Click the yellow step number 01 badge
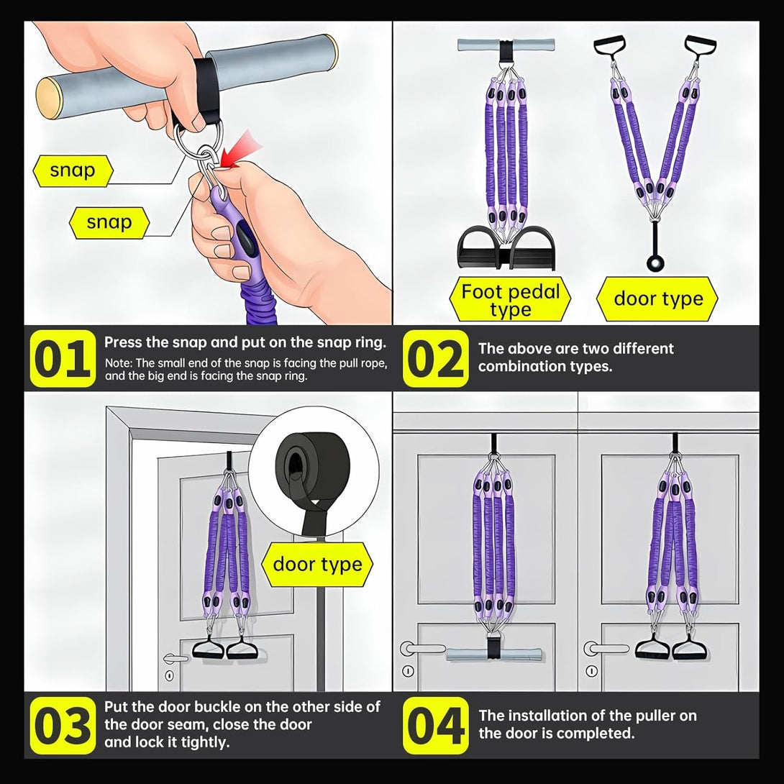63,358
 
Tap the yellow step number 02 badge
435,358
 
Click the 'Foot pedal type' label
510,299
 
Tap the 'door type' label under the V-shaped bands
658,299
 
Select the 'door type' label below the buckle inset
317,564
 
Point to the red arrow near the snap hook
241,150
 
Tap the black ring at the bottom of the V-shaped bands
655,263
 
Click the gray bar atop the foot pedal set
506,45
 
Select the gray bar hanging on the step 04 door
493,654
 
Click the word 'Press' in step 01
121,342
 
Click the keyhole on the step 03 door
170,676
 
